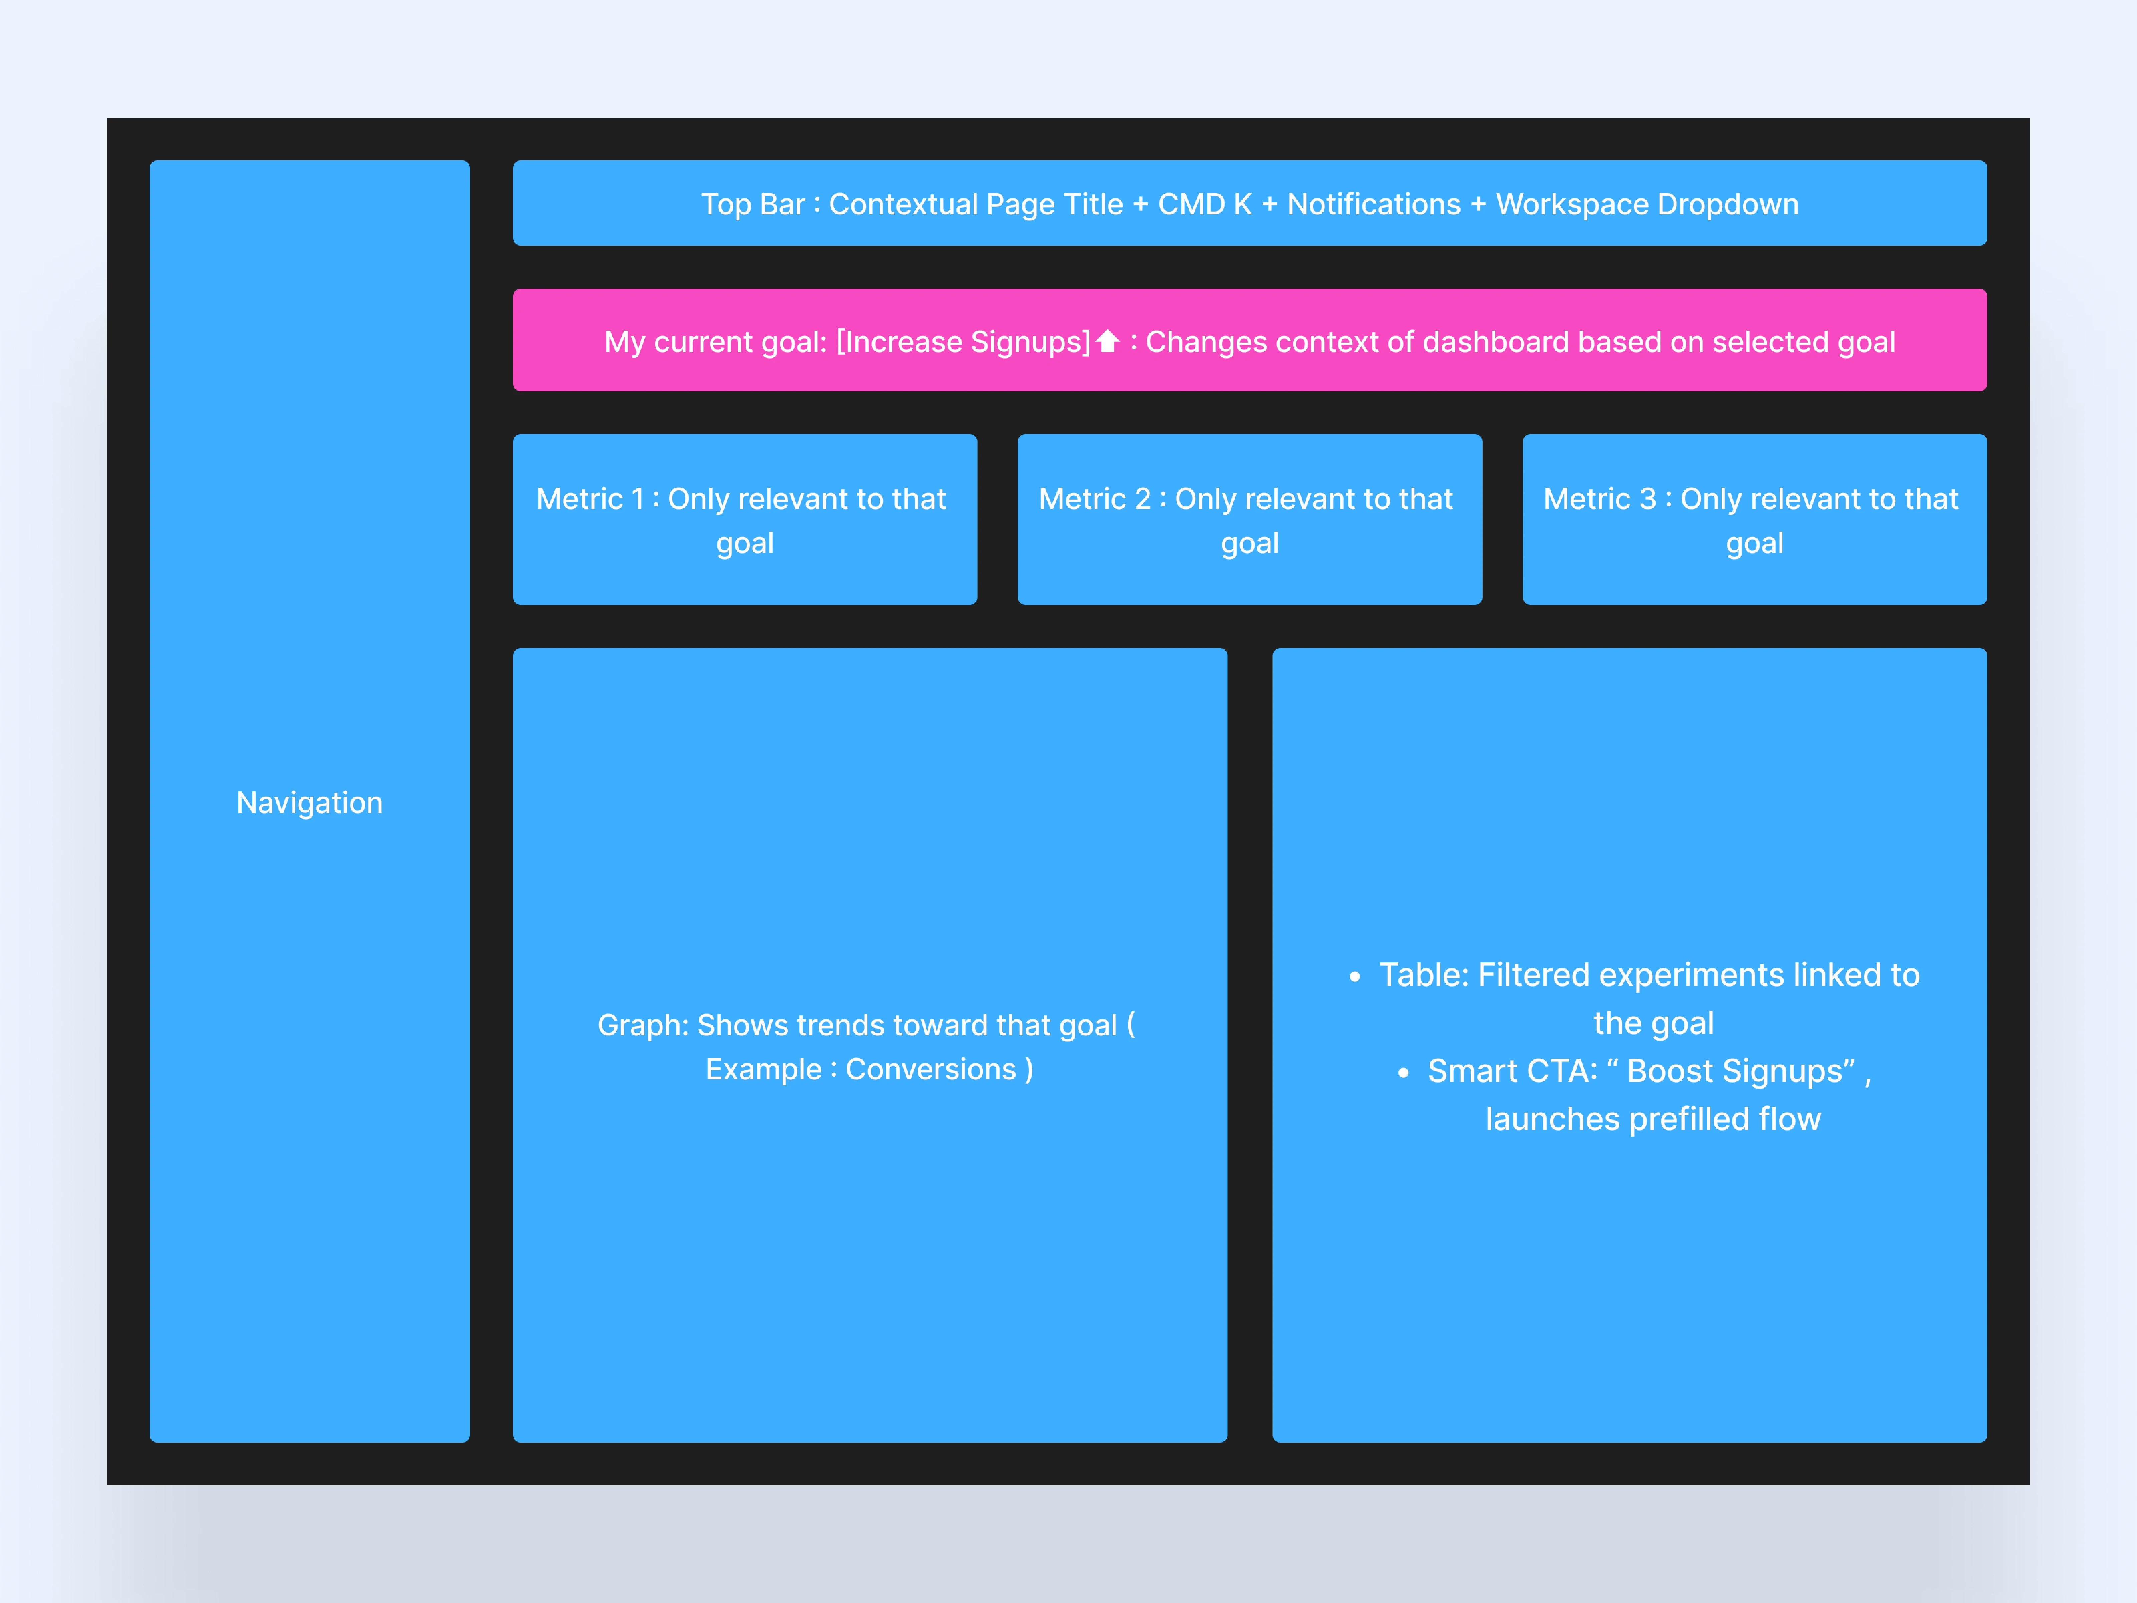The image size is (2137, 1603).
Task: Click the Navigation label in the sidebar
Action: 309,803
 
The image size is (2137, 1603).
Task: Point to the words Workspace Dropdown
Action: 1647,205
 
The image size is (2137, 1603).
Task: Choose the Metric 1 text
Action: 590,499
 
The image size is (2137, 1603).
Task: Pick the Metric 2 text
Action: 1095,499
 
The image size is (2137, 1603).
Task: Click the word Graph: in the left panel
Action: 642,1025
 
